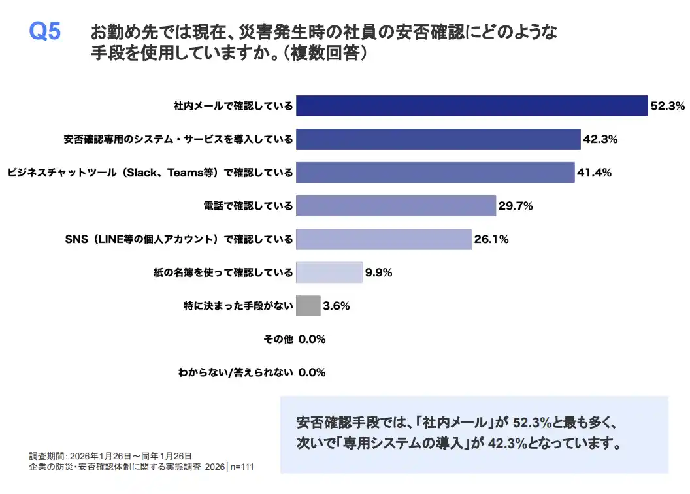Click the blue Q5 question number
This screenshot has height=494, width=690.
(x=45, y=32)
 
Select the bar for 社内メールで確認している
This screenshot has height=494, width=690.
(x=471, y=105)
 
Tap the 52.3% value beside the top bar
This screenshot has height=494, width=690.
(x=666, y=105)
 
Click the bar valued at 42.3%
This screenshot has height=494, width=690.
(x=438, y=139)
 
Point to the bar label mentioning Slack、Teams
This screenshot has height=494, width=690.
(x=150, y=173)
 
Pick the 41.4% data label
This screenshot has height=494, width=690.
(x=594, y=173)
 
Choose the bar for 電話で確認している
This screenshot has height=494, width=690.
(x=395, y=206)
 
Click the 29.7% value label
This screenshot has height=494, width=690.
(x=516, y=206)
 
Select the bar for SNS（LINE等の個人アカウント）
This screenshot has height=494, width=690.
(x=384, y=239)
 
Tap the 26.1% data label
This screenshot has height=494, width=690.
(x=491, y=239)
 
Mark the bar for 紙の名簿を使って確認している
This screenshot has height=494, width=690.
(x=329, y=272)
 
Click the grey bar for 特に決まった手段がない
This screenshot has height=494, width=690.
(x=308, y=306)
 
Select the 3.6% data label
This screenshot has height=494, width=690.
(x=337, y=306)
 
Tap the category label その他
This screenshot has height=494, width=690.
(x=278, y=339)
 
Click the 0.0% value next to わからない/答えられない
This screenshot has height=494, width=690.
(x=312, y=373)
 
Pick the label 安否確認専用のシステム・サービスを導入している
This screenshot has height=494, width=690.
(x=178, y=139)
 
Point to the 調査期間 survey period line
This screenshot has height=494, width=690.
(x=110, y=456)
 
